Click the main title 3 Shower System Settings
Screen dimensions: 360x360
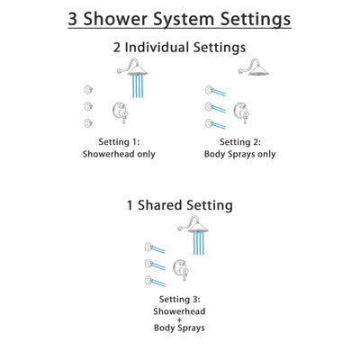[x=179, y=19]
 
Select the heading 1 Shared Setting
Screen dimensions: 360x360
[x=179, y=205]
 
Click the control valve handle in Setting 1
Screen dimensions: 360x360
[x=118, y=113]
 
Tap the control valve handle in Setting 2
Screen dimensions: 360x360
[x=240, y=113]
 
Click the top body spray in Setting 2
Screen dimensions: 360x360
[x=208, y=88]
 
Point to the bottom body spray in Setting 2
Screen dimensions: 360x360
[x=208, y=122]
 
